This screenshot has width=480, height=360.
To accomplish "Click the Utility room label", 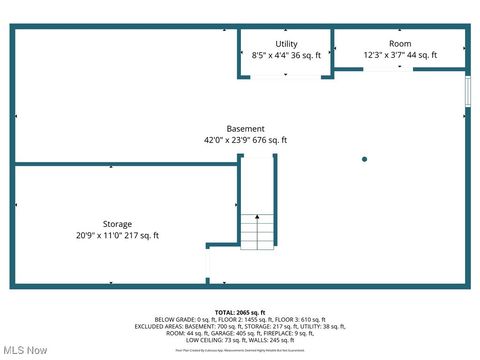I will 286,44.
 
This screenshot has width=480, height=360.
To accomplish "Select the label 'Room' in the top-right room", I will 400,44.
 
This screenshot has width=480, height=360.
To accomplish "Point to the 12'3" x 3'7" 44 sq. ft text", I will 400,57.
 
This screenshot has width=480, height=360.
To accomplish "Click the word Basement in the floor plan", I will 245,129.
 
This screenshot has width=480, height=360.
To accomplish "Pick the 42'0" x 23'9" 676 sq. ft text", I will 245,141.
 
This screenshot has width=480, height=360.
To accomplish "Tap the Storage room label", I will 117,224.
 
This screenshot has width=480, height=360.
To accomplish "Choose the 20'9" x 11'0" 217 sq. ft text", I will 117,236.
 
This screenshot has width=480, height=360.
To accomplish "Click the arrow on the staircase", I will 257,216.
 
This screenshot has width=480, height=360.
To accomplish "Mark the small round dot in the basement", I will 364,159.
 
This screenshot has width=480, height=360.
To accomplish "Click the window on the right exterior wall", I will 467,90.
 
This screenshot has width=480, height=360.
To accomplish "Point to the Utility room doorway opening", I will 285,76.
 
